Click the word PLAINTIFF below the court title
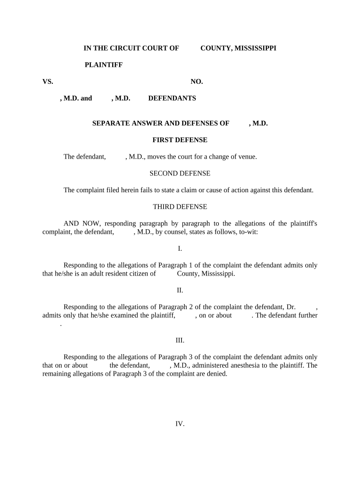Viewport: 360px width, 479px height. coord(103,65)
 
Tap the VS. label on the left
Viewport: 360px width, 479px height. coord(48,81)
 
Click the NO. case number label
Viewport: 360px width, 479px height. coord(196,81)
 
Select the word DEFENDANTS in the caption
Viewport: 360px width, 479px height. coord(172,98)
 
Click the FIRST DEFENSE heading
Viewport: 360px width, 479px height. coord(180,140)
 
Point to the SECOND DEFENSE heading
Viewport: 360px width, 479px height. coord(180,174)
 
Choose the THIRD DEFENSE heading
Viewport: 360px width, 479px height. coord(180,207)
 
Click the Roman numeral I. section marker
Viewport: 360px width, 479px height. coord(180,248)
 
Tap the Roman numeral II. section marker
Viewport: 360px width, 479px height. coord(180,290)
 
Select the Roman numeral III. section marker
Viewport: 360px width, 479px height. coord(180,340)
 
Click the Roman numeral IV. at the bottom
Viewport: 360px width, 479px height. coord(180,424)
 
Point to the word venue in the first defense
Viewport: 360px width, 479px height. coord(247,157)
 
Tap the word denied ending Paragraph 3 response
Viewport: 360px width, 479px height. coord(217,374)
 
